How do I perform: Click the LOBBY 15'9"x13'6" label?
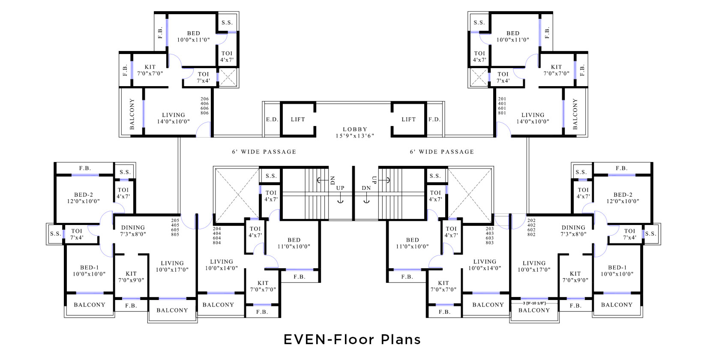click(x=354, y=132)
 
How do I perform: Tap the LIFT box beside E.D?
click(x=298, y=120)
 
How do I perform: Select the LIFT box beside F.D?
click(x=408, y=120)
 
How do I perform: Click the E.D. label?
click(x=271, y=120)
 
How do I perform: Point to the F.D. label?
click(x=434, y=120)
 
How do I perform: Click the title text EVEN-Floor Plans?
click(x=352, y=339)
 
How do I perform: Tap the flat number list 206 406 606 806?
click(x=204, y=106)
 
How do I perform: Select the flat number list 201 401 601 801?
click(x=502, y=106)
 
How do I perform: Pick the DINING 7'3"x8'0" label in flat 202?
click(x=573, y=231)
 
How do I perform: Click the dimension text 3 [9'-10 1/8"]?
click(x=534, y=303)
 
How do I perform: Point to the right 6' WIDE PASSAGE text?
click(x=442, y=152)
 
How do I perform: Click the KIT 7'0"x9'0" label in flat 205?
click(x=131, y=277)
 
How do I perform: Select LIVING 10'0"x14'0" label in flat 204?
click(x=222, y=265)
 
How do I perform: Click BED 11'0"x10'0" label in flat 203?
click(x=412, y=243)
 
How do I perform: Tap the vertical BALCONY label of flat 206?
click(x=132, y=114)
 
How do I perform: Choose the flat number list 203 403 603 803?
click(x=489, y=236)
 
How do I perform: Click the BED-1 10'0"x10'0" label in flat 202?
click(x=617, y=270)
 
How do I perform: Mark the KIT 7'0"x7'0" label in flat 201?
click(x=556, y=70)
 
